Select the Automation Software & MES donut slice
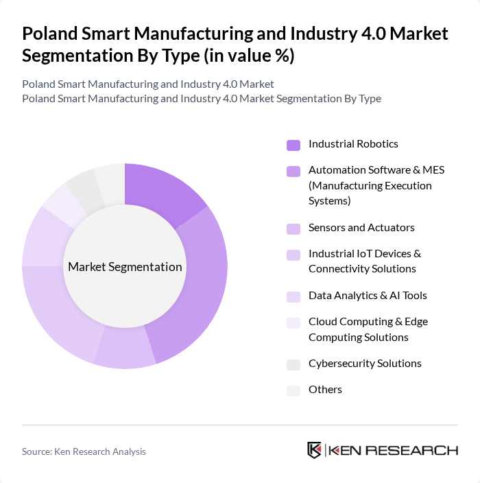tap(198, 288)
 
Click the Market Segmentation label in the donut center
tap(125, 267)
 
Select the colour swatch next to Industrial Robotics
tap(293, 145)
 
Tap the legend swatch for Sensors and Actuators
tap(293, 228)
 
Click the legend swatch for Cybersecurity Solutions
tap(293, 364)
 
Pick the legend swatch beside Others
tap(293, 390)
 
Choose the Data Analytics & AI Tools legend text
tap(368, 296)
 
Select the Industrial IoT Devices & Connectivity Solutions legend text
tap(364, 261)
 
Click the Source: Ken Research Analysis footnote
tap(84, 451)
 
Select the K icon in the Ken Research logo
tap(315, 450)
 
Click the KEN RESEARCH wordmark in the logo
tap(393, 451)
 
